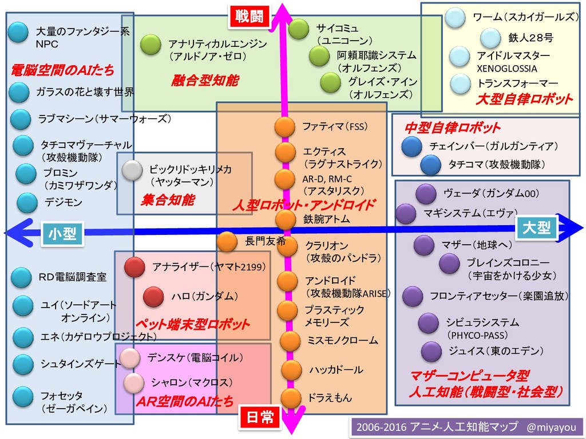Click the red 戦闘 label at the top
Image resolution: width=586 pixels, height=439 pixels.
point(249,16)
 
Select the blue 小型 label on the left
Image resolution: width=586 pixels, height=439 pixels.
point(62,234)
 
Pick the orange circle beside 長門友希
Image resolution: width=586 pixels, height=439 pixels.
point(227,242)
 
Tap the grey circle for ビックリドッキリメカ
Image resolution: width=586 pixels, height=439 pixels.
point(132,170)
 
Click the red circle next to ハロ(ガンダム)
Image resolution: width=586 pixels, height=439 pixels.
point(153,297)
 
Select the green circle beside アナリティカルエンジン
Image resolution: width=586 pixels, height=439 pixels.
point(151,45)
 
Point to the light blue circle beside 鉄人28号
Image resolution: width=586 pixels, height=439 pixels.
point(490,38)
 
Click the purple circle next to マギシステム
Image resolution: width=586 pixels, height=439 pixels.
point(405,214)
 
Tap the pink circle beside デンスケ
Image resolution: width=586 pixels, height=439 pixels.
point(130,357)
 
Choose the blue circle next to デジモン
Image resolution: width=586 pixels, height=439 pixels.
point(27,202)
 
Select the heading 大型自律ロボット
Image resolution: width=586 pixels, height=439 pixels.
point(524,99)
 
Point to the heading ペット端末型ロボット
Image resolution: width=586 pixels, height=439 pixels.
point(192,324)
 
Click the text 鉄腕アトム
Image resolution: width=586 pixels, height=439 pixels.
point(326,218)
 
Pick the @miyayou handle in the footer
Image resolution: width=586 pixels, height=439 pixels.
point(551,426)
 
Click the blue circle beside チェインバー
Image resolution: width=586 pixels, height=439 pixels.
point(411,147)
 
